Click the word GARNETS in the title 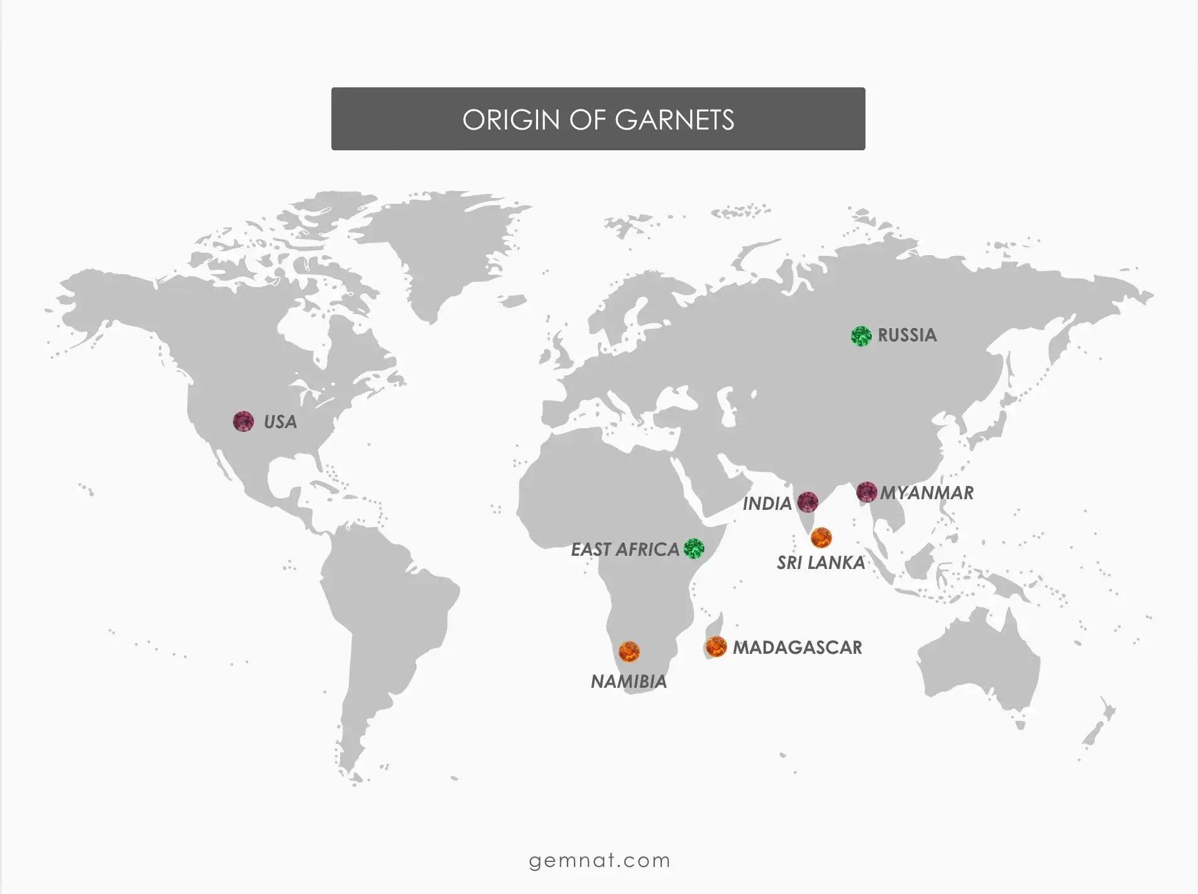(x=674, y=120)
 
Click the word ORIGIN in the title (x=510, y=120)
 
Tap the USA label (x=280, y=422)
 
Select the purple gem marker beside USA (x=243, y=421)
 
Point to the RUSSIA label (x=907, y=335)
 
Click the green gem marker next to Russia (x=861, y=336)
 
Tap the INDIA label (x=767, y=504)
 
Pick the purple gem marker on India (x=808, y=502)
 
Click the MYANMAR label (x=926, y=493)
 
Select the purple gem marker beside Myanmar (x=867, y=492)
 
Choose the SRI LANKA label (x=821, y=563)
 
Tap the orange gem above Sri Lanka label (x=821, y=538)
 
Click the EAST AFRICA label (x=625, y=549)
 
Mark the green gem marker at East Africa (x=694, y=548)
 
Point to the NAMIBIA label (x=629, y=682)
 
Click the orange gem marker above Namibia (x=629, y=651)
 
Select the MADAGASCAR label (x=797, y=648)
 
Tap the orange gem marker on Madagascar (x=716, y=646)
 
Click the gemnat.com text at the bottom (x=599, y=860)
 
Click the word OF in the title (x=586, y=120)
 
